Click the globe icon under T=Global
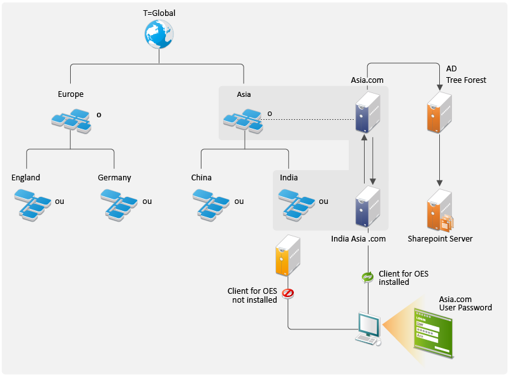point(159,35)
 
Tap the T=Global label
point(159,13)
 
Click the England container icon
point(33,204)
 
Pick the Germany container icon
point(119,204)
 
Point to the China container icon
point(211,204)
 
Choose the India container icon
point(297,204)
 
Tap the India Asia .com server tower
point(368,206)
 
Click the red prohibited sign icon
point(288,293)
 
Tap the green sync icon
point(367,277)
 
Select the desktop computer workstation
point(368,329)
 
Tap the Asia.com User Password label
point(465,303)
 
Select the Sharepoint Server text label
point(440,239)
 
